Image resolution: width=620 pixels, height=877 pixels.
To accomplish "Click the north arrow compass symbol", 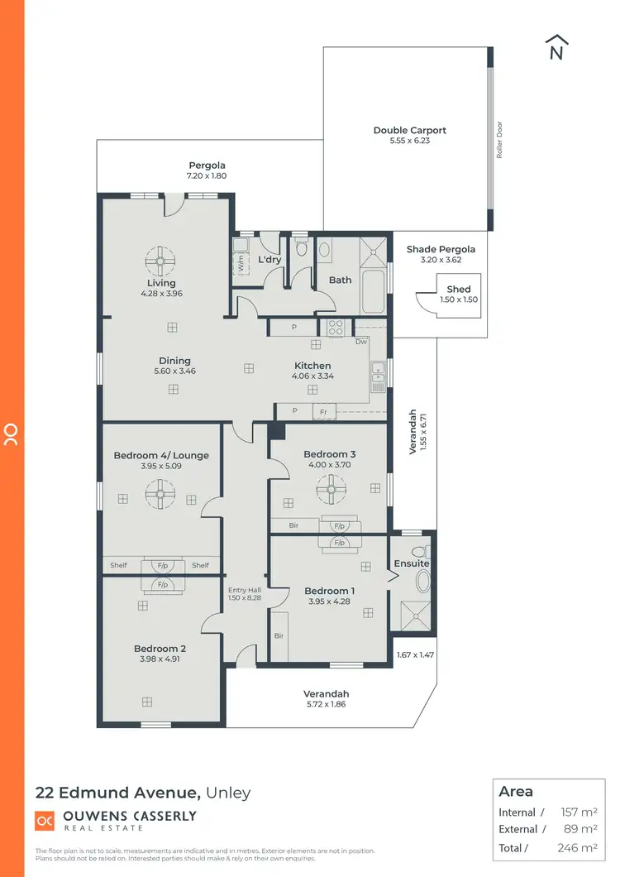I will pos(556,48).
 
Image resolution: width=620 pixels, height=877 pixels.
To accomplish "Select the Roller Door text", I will pos(499,139).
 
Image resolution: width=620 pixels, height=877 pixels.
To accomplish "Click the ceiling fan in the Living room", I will pos(160,262).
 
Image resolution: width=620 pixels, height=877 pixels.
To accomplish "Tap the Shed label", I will pos(459,290).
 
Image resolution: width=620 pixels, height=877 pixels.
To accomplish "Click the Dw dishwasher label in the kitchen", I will pos(360,342).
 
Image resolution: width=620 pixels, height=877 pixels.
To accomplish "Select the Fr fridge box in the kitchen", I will pos(324,411).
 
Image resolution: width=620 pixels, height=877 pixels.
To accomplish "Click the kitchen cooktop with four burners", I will pos(336,327).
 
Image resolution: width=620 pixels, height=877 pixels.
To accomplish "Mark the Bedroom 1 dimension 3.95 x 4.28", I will pos(329,601).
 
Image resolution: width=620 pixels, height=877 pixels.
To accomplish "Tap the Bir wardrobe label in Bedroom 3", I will pos(293,525).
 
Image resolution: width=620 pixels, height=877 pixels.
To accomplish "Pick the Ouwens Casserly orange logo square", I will pos(44,820).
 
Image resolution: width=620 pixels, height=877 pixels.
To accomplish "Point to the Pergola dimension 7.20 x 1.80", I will pos(207,176).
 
